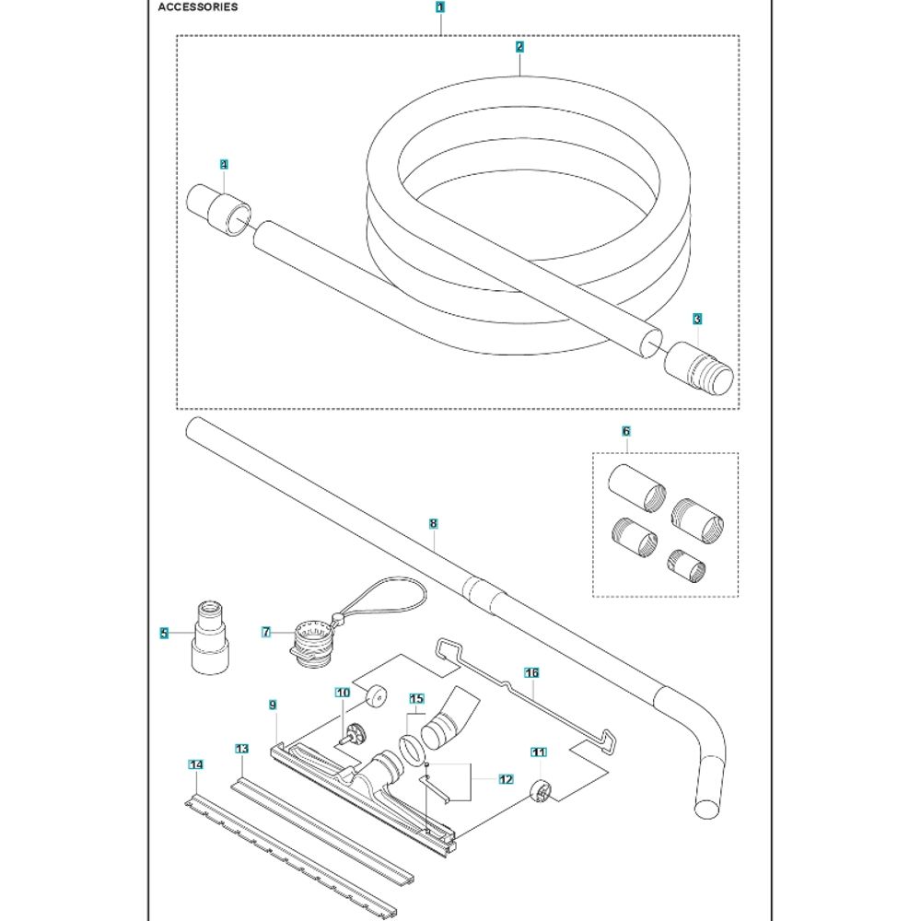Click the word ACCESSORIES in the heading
[185, 6]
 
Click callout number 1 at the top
[440, 6]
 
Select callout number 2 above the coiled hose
[520, 46]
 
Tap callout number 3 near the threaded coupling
[697, 319]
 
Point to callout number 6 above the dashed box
[626, 431]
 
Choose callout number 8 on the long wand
[434, 523]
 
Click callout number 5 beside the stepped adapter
[164, 633]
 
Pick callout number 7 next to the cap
[266, 633]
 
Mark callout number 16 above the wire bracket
[531, 673]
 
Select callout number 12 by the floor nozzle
[506, 779]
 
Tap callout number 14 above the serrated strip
[195, 764]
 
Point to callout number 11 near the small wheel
[539, 752]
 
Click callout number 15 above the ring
[415, 699]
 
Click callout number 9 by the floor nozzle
[273, 705]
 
